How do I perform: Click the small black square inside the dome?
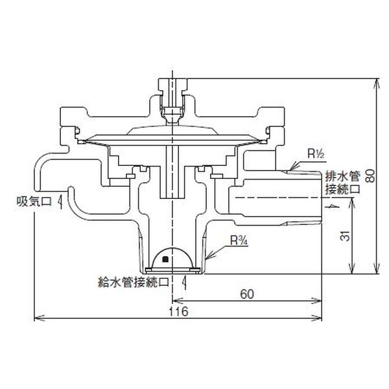[168, 259]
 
